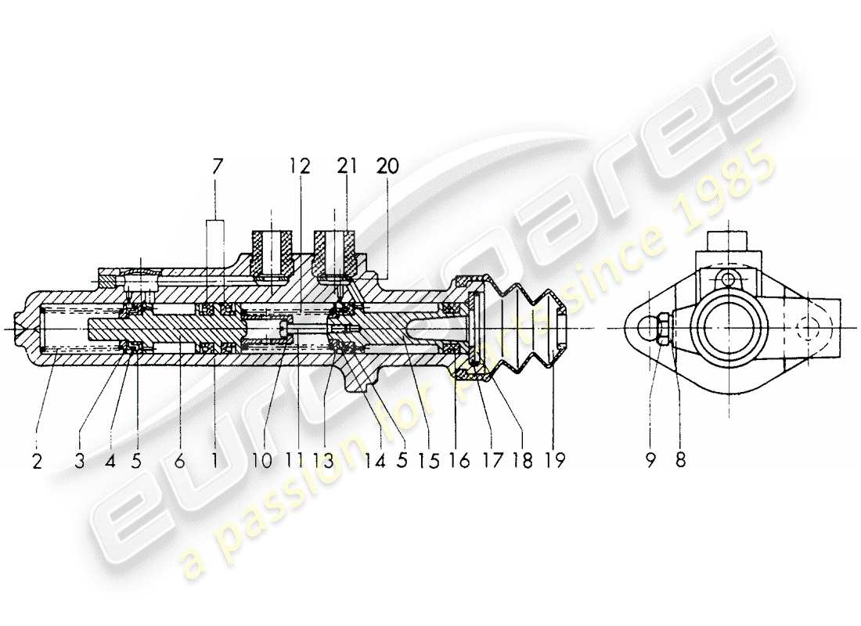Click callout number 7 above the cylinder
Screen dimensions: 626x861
coord(217,167)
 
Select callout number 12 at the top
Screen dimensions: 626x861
coord(298,166)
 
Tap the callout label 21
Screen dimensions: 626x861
coord(348,166)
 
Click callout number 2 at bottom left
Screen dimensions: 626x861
coord(37,461)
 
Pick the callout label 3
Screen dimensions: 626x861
coord(79,461)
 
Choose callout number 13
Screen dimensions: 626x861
coord(323,461)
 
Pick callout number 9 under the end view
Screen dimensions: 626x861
coord(649,461)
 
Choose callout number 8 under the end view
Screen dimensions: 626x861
coord(680,461)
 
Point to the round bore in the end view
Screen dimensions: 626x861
coord(727,327)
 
